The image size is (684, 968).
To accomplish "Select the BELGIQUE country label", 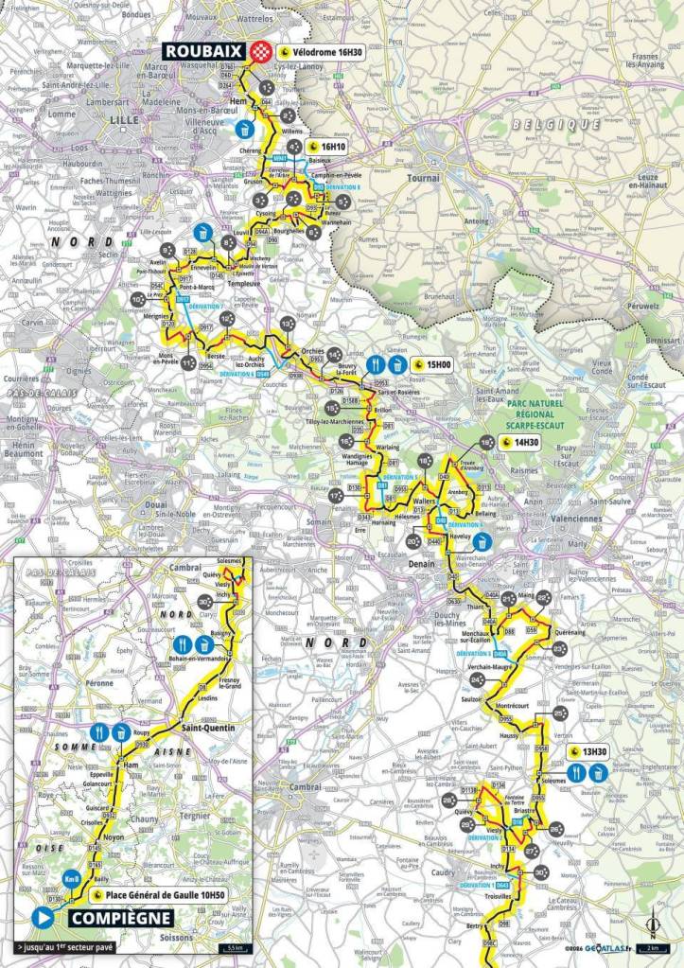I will [552, 125].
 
